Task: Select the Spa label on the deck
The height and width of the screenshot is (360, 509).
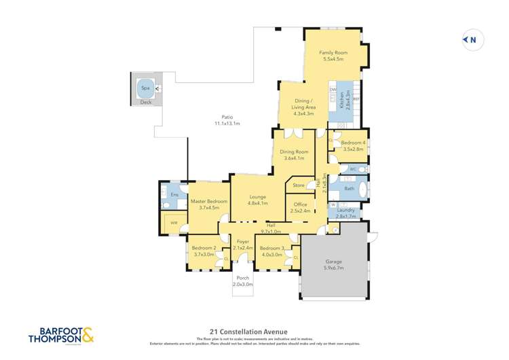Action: tap(145, 88)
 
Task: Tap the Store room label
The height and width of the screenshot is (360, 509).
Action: tap(299, 185)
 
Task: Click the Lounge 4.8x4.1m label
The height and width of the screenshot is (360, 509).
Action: tap(257, 200)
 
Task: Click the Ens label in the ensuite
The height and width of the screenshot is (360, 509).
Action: tap(174, 195)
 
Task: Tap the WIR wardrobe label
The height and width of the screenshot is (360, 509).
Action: tap(174, 222)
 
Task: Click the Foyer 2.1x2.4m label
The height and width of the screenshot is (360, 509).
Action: tap(243, 245)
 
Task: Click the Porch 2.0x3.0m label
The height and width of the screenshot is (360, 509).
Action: tap(243, 281)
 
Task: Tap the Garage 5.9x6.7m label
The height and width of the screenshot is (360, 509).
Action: tap(333, 265)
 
